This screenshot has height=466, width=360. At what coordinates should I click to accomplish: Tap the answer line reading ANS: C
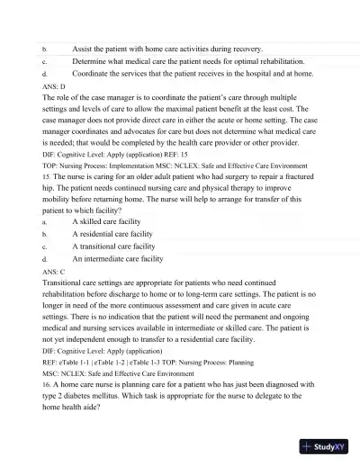(54, 270)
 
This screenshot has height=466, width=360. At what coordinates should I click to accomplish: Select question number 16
(46, 383)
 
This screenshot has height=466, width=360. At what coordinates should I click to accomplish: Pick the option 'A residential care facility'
(118, 233)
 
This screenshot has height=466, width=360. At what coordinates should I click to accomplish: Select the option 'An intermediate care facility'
(123, 258)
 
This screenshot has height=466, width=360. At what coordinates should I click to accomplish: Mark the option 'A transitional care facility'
(119, 246)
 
